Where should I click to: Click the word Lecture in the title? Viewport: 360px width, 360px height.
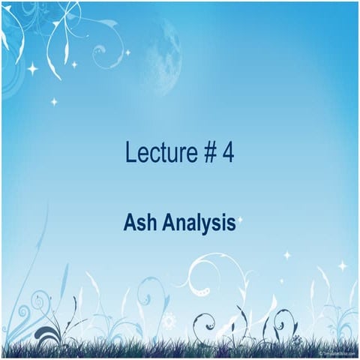point(160,154)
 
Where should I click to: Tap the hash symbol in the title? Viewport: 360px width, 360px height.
point(208,154)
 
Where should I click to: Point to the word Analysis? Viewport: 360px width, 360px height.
point(197,223)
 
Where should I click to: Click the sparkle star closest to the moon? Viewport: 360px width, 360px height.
point(127,52)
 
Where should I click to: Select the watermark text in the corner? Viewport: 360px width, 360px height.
point(337,352)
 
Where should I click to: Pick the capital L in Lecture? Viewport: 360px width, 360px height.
point(130,154)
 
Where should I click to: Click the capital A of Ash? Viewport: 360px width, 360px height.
point(129,223)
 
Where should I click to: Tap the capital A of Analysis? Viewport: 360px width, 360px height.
point(165,223)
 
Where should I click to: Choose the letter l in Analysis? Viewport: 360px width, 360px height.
point(200,223)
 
